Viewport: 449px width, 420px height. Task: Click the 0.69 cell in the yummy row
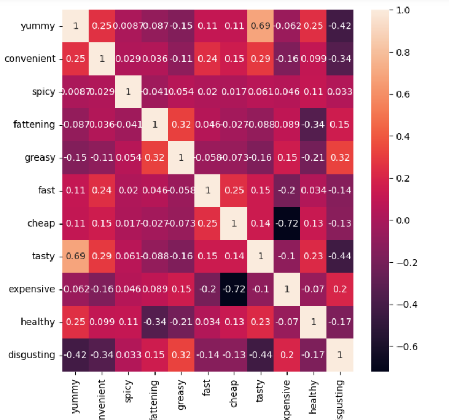(x=260, y=26)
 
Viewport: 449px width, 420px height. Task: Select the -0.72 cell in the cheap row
(x=286, y=223)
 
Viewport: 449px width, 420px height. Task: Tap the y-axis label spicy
(x=43, y=92)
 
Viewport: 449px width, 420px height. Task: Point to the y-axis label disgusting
(x=31, y=354)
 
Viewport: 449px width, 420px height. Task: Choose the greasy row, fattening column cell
(x=154, y=157)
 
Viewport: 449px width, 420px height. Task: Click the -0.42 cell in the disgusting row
(x=75, y=354)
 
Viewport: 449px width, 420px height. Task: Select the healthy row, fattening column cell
(x=154, y=322)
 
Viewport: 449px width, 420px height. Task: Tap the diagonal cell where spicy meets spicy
(x=128, y=92)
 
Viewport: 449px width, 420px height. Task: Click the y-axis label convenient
(x=30, y=59)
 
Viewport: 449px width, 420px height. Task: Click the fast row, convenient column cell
(x=101, y=190)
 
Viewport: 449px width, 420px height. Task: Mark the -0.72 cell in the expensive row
(x=233, y=289)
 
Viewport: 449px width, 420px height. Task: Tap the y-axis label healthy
(x=38, y=322)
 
